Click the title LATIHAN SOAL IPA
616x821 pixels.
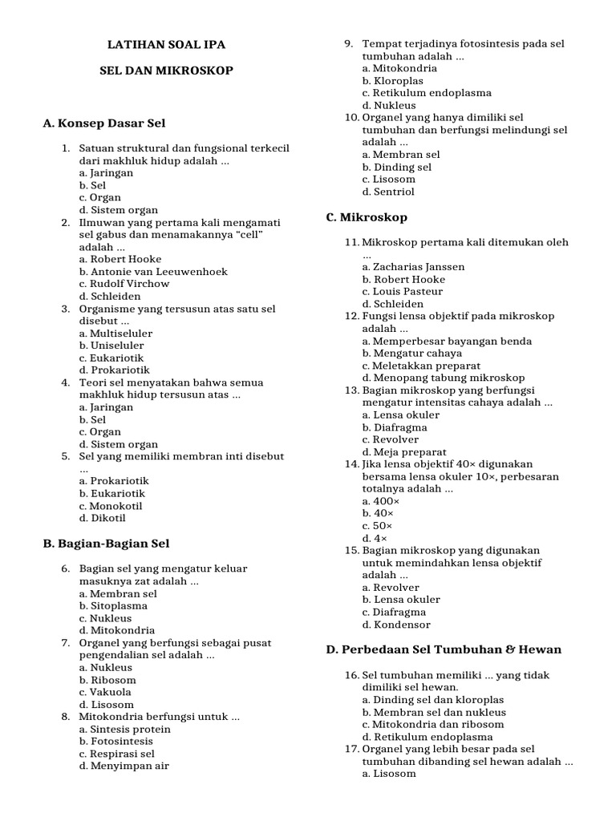pyautogui.click(x=172, y=46)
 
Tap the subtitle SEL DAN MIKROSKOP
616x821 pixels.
pyautogui.click(x=166, y=71)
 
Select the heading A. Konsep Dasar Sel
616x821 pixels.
pyautogui.click(x=103, y=123)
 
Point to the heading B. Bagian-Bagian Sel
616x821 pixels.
pyautogui.click(x=106, y=544)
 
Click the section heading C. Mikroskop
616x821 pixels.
pyautogui.click(x=367, y=217)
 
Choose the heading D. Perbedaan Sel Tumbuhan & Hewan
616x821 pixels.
pyautogui.click(x=444, y=649)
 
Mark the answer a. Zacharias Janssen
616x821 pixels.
pyautogui.click(x=413, y=267)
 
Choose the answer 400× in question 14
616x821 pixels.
pyautogui.click(x=377, y=501)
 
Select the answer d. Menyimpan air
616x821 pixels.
pyautogui.click(x=124, y=766)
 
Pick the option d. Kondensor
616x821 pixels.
pyautogui.click(x=396, y=625)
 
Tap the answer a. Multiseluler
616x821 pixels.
pyautogui.click(x=115, y=334)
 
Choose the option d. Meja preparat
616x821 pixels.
pyautogui.click(x=404, y=452)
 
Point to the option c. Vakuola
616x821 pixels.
pyautogui.click(x=105, y=692)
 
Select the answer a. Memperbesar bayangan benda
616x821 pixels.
pyautogui.click(x=447, y=341)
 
